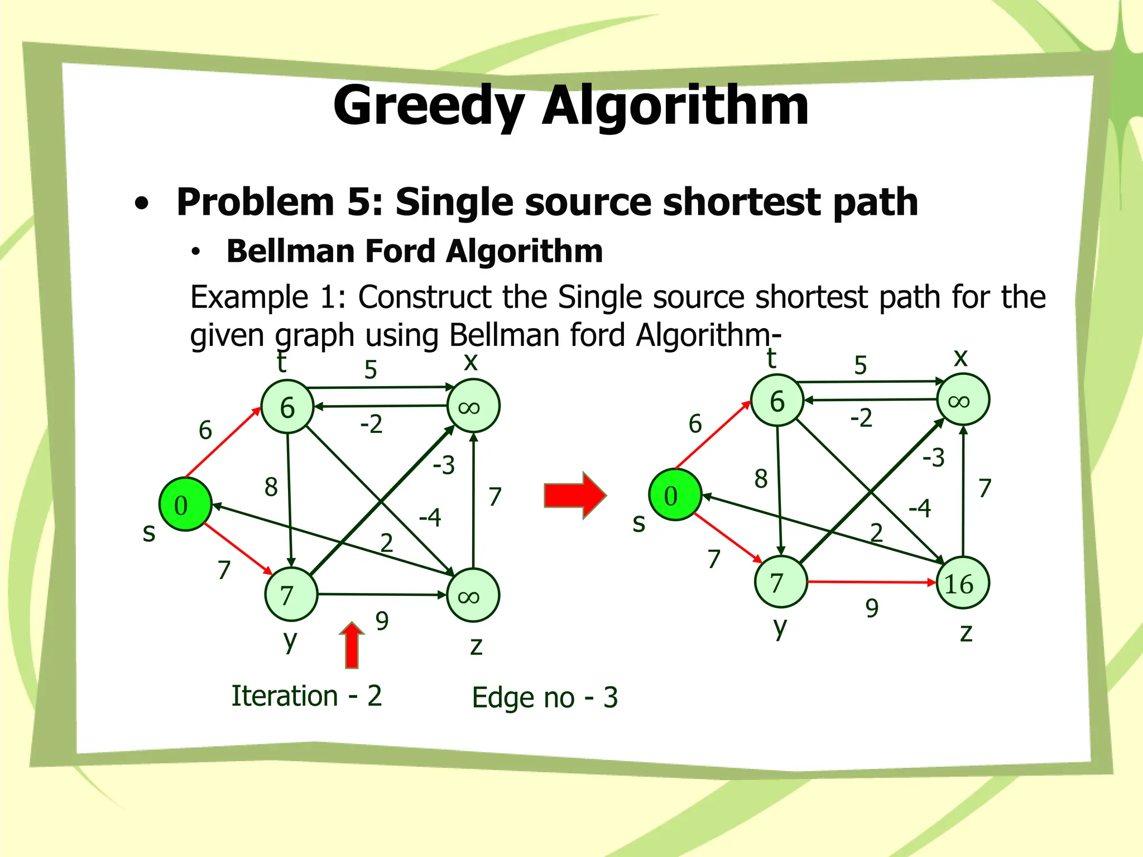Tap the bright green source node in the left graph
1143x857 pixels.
(185, 504)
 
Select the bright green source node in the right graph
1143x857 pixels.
(675, 495)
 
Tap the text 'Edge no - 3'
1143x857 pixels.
(545, 697)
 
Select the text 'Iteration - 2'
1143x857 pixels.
(307, 696)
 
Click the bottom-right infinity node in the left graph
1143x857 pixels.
(473, 595)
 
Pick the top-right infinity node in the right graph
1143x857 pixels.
(963, 400)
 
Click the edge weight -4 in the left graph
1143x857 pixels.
(430, 518)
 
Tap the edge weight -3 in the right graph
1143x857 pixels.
(933, 458)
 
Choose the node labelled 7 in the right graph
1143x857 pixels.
(780, 582)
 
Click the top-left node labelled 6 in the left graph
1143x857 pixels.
(287, 407)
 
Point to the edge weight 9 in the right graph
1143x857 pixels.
(872, 608)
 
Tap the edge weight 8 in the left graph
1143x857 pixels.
(271, 487)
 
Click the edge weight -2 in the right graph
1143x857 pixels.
(861, 418)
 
